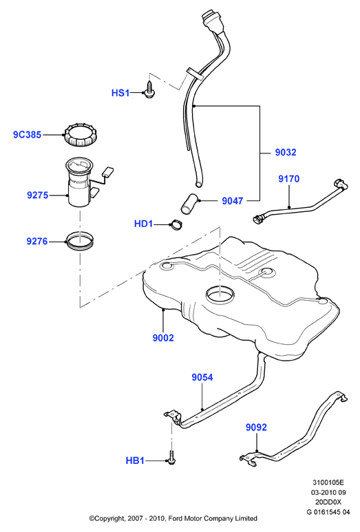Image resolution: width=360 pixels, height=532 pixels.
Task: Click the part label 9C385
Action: (x=27, y=135)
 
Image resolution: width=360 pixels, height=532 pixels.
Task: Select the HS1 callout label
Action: (x=120, y=93)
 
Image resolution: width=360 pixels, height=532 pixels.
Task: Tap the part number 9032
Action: (x=286, y=152)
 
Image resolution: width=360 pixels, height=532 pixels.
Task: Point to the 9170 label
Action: (x=288, y=179)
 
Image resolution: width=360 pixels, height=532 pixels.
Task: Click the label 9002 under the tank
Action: (x=163, y=338)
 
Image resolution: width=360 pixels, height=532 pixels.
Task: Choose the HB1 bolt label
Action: (x=135, y=460)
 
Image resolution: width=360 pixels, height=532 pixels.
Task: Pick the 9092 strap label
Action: (x=256, y=427)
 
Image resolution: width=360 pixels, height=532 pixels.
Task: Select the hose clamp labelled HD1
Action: (x=176, y=224)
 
